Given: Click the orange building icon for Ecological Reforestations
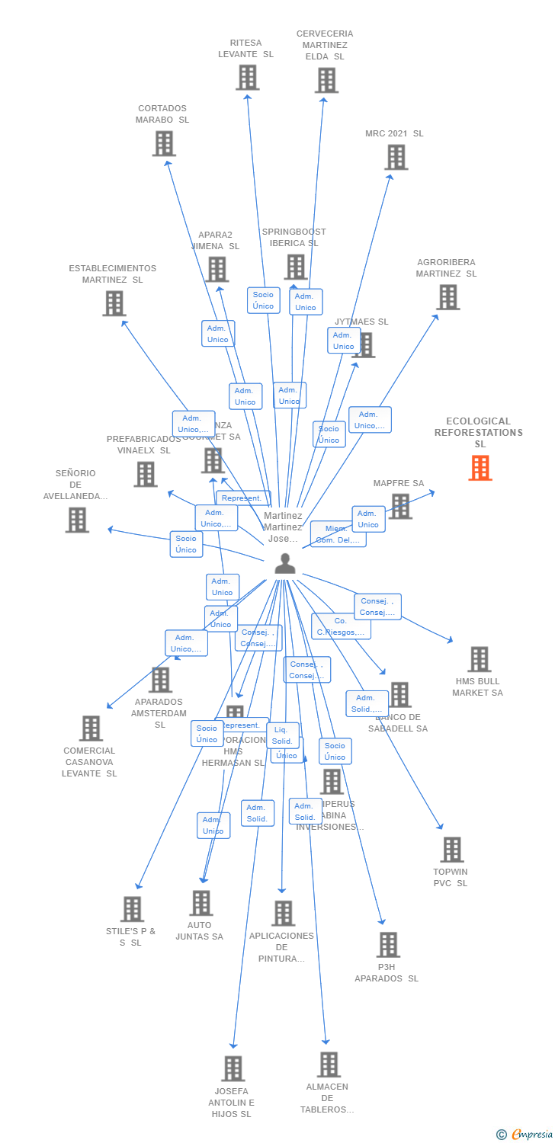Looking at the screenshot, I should pos(480,468).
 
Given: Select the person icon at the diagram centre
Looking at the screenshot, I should pos(285,563).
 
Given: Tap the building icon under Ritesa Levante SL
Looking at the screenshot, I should pos(247,78).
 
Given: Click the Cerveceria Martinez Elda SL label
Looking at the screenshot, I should pos(325,45).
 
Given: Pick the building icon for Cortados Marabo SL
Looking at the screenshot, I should pos(164,143).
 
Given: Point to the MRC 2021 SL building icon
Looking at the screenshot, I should pos(396,158).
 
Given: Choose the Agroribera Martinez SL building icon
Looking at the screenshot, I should pos(448,297).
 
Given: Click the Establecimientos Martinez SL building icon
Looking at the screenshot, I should pos(114,303).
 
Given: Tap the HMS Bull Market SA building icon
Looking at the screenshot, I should pos(479,659).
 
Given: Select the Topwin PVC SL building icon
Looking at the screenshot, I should pos(452,850).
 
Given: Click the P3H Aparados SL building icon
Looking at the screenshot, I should pos(388,945).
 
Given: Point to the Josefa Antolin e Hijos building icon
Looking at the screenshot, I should pos(233,1068).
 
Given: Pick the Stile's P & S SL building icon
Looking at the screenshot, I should pos(132,909).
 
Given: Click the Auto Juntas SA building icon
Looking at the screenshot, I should pos(201,903).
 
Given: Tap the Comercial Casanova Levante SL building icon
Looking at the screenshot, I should pos(91,728).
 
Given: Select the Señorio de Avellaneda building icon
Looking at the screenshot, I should pos(77,520).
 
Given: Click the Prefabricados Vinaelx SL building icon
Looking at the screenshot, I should pos(145,474).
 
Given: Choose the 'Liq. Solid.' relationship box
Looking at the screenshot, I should pos(282,735).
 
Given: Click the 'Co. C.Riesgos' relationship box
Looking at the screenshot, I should pos(341,626).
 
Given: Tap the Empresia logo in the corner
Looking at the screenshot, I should pos(525,1135).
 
